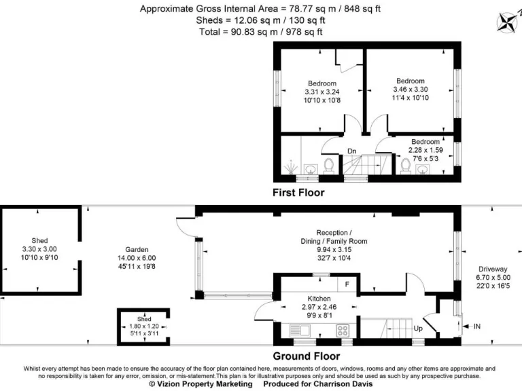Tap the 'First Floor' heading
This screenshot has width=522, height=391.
[298, 193]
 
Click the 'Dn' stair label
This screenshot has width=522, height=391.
[351, 151]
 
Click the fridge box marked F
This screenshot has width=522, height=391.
[347, 284]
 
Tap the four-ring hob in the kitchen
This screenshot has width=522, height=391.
[343, 331]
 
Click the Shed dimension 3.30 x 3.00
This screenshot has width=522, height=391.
[40, 249]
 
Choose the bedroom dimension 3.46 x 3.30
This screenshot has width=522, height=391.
[411, 89]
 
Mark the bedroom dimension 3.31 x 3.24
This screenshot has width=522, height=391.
[321, 92]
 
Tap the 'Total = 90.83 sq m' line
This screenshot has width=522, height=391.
[261, 32]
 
